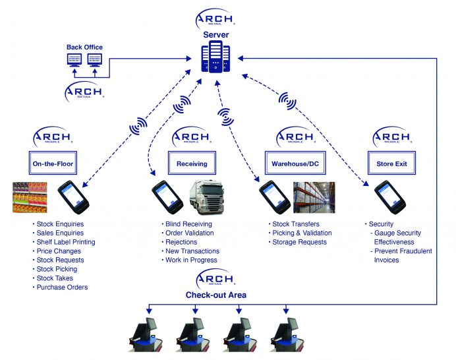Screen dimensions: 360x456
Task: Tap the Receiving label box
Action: [x=192, y=164]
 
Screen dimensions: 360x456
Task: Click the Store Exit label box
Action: [x=395, y=164]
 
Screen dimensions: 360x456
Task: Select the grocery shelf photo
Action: [x=30, y=197]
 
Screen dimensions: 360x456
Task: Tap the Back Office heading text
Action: [x=84, y=47]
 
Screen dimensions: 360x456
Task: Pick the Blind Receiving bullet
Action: [x=188, y=224]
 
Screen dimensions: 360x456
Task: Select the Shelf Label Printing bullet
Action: [x=65, y=242]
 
